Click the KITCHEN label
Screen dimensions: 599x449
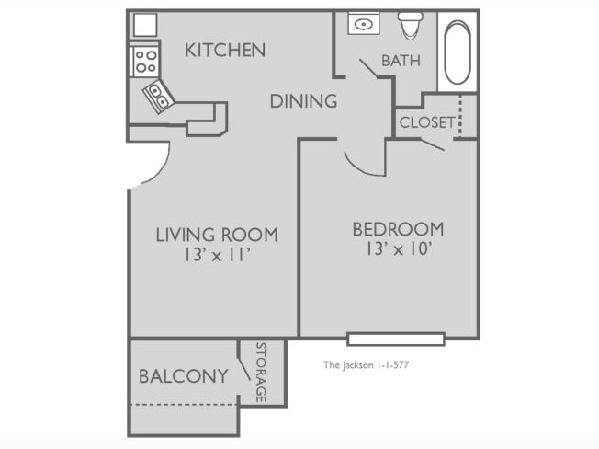(x=225, y=50)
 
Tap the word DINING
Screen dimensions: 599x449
(x=304, y=101)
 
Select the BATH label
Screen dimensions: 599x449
(x=401, y=61)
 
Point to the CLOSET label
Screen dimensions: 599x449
(x=427, y=122)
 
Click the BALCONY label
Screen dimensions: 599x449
(x=184, y=376)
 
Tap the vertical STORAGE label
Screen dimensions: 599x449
(x=261, y=372)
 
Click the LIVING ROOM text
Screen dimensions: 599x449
(x=217, y=235)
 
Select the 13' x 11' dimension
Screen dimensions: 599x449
(x=217, y=255)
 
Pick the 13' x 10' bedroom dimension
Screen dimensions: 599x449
(x=399, y=249)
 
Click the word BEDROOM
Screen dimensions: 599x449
(x=399, y=229)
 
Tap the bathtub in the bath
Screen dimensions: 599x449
(x=458, y=52)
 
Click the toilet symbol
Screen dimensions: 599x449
(x=411, y=25)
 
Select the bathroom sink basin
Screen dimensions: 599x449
(x=363, y=25)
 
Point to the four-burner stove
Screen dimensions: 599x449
(x=145, y=62)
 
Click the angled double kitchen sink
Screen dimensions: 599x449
(x=159, y=96)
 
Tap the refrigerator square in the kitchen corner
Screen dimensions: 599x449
(x=145, y=25)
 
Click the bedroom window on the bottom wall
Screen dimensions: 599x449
(x=396, y=340)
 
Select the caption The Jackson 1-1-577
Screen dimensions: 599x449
(x=366, y=365)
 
